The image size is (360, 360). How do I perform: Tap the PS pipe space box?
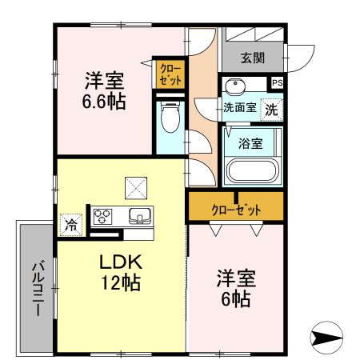point(278,82)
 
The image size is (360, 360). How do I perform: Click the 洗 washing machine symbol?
point(272,109)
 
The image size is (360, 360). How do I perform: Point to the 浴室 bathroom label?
point(250,144)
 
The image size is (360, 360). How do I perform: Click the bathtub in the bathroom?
point(250,170)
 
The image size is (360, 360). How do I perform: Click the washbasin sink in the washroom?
point(235,86)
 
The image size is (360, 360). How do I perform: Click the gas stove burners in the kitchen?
point(104,215)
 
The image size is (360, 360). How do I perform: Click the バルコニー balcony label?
point(37,288)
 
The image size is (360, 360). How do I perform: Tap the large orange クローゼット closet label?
point(236,210)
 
